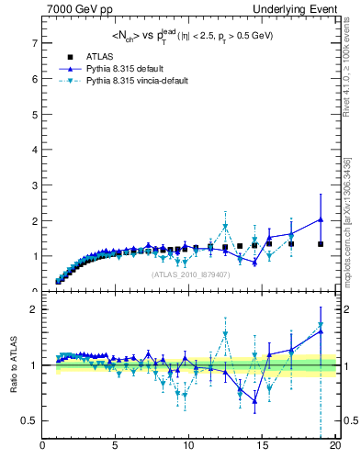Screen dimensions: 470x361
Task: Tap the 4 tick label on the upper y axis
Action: coord(34,150)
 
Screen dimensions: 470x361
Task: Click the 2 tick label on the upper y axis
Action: coord(34,221)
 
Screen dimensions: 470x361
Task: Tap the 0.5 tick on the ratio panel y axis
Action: coord(29,420)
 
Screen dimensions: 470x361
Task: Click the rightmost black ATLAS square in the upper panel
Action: coord(321,244)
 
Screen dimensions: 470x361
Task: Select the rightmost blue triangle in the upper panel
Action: coord(321,219)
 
